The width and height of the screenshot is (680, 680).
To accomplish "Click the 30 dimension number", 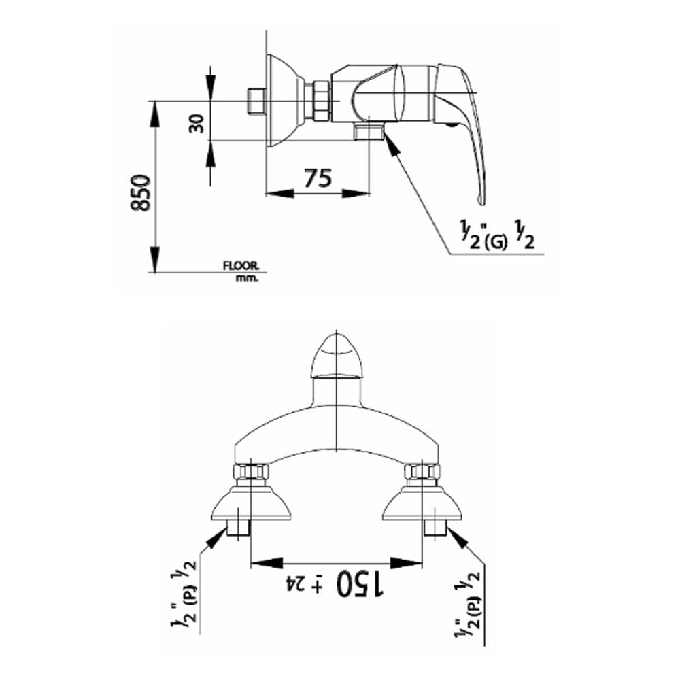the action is tap(197, 124).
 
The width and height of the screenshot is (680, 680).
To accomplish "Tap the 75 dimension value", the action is tap(318, 178).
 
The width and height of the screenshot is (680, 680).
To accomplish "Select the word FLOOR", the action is tap(241, 265).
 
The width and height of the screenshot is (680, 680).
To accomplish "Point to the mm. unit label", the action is tap(247, 278).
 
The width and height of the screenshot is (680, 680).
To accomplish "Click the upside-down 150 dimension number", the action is tap(360, 583).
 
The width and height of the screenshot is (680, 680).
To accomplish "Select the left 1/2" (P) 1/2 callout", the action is tap(184, 597).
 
